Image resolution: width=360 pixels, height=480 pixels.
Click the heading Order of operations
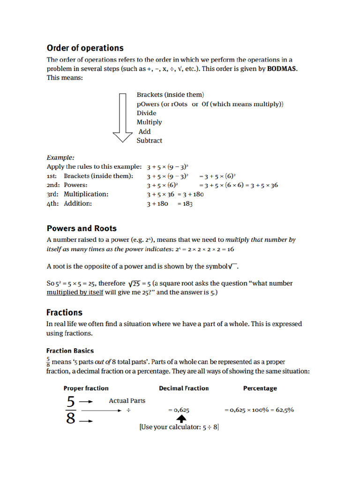point(85,48)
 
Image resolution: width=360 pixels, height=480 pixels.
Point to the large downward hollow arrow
point(123,117)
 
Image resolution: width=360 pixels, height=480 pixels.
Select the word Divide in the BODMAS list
point(147,113)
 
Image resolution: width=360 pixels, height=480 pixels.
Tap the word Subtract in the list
point(150,141)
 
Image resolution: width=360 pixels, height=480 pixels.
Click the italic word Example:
point(60,158)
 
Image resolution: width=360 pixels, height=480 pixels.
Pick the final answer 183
point(187,204)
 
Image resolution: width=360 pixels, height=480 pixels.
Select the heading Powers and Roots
point(82,229)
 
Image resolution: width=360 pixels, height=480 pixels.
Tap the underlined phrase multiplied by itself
point(75,292)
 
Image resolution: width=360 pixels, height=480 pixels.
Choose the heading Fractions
point(64,313)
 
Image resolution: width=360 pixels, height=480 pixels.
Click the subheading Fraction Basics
point(70,351)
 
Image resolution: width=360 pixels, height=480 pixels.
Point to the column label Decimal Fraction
point(184,388)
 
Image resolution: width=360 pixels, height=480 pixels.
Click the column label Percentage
point(260,388)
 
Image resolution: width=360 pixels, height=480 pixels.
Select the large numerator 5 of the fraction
point(70,402)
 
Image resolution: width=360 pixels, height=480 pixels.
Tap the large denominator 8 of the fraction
point(70,418)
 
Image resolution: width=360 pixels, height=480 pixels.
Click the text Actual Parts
point(127,401)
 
